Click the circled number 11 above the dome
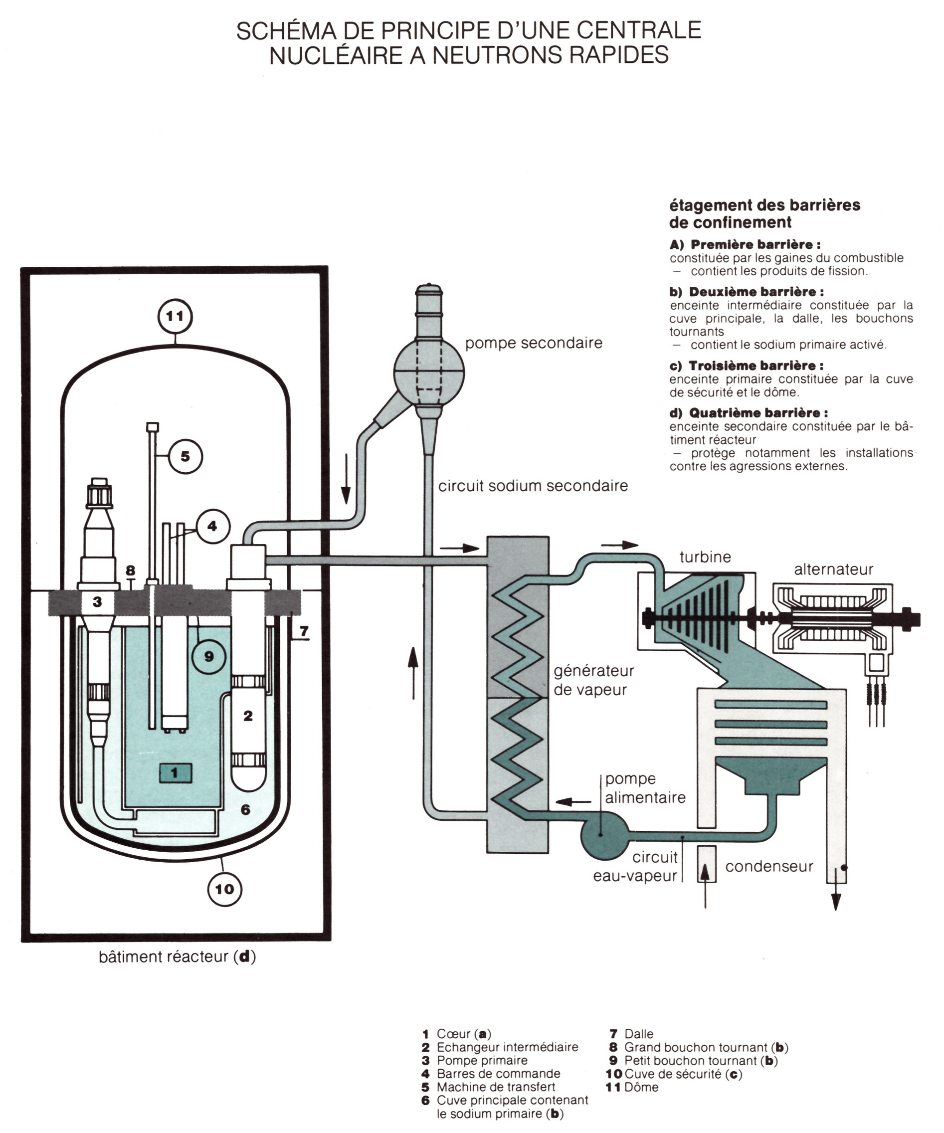[x=175, y=316]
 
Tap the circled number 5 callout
[x=186, y=456]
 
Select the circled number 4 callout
[x=212, y=526]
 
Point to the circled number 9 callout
[x=209, y=657]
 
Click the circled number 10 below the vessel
[x=224, y=889]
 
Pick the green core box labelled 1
[x=175, y=772]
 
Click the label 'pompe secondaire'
[x=534, y=343]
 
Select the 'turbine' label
[x=705, y=557]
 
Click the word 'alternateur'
[x=833, y=569]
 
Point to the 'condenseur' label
[x=768, y=867]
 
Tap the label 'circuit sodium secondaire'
[x=533, y=486]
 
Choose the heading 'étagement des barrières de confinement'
[x=764, y=213]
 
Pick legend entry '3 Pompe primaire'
[x=475, y=1060]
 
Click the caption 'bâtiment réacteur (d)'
[x=177, y=956]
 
